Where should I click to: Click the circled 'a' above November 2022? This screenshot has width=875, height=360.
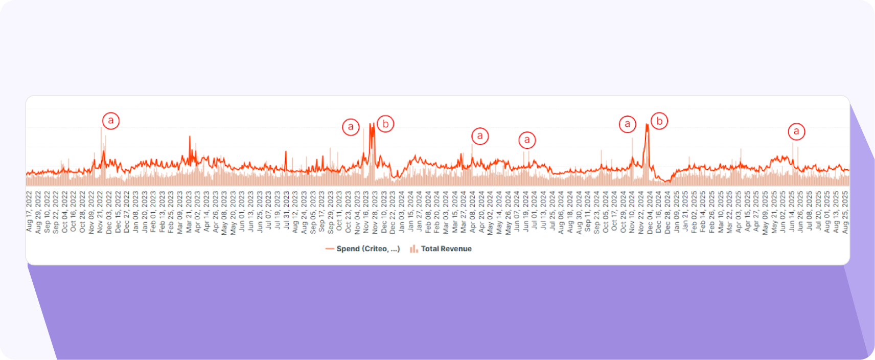click(111, 121)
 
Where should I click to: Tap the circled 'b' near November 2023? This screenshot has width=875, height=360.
click(385, 124)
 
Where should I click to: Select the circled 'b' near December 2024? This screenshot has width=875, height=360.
click(659, 121)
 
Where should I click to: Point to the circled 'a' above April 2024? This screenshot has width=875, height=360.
click(480, 136)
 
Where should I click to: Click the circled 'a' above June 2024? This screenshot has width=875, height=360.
click(527, 140)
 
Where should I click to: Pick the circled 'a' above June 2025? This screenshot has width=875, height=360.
click(796, 131)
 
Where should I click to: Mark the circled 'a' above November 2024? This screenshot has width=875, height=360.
click(628, 124)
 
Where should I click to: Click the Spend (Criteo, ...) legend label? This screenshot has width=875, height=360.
click(368, 249)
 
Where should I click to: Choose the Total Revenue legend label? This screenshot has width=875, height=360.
click(446, 249)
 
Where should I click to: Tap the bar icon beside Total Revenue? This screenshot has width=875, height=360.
click(413, 249)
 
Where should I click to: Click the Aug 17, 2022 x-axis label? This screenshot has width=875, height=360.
click(29, 212)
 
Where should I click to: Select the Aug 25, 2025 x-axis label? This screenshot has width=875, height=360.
click(845, 212)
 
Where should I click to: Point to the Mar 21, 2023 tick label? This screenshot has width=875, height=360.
click(189, 212)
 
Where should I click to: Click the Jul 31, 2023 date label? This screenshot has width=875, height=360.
click(286, 212)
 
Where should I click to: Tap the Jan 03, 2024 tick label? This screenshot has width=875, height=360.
click(402, 212)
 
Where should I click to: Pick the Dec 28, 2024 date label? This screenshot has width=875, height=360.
click(667, 212)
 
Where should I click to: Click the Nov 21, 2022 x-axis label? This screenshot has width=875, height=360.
click(100, 212)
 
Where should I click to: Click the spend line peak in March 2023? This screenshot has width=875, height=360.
click(190, 137)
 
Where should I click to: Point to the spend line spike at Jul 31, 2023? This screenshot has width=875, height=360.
click(286, 151)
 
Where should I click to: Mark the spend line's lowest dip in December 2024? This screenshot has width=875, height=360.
click(666, 182)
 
